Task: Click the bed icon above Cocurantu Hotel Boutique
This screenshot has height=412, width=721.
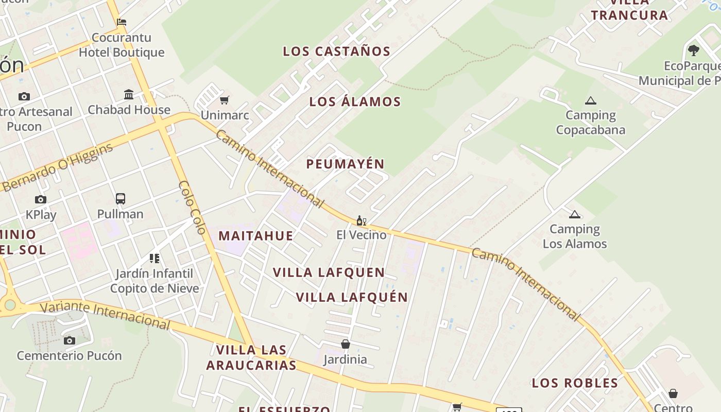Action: click(x=122, y=22)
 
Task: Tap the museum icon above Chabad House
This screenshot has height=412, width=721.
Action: click(x=129, y=95)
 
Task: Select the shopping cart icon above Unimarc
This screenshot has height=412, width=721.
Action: click(x=224, y=100)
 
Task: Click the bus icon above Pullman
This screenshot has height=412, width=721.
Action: click(x=121, y=199)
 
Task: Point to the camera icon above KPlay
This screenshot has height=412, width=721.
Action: click(x=41, y=200)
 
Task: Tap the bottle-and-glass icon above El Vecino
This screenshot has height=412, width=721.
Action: click(x=361, y=221)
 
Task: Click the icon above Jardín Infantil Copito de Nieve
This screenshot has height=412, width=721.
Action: click(x=154, y=259)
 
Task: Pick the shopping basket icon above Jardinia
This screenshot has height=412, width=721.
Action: click(x=345, y=344)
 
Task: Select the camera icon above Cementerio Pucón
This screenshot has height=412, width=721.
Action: click(x=69, y=340)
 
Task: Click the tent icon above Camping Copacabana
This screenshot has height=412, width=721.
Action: click(x=590, y=101)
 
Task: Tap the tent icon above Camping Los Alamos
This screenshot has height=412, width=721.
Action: click(x=575, y=215)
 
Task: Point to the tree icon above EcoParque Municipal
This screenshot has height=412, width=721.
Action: click(x=693, y=50)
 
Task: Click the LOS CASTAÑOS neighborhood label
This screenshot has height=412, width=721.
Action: click(x=336, y=51)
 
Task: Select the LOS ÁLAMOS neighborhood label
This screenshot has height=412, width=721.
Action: click(x=355, y=102)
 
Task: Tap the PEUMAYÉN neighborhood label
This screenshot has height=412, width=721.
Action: click(x=345, y=164)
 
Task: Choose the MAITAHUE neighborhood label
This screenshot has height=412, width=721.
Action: click(x=255, y=236)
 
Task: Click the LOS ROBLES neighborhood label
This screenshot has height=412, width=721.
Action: click(x=575, y=383)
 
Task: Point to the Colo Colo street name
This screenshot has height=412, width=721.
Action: click(x=193, y=208)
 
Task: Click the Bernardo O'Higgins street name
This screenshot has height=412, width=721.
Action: click(x=57, y=168)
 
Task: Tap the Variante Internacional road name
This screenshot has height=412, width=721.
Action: click(x=105, y=314)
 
